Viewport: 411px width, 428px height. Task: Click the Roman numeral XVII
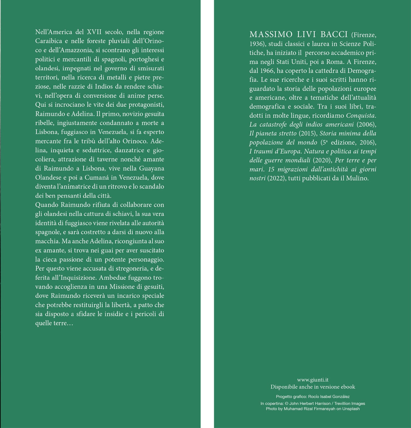tap(94, 32)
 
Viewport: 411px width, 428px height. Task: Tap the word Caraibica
tap(48, 41)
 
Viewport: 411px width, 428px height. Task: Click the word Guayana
tap(152, 168)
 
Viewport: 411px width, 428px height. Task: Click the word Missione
tap(122, 287)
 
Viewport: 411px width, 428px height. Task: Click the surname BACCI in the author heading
tap(334, 35)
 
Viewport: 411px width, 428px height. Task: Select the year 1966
tap(267, 71)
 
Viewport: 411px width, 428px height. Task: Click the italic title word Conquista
tap(361, 115)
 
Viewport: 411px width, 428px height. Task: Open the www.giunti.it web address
tap(313, 380)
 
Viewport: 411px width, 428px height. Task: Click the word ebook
tap(348, 387)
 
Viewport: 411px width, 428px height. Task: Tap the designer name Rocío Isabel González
tap(329, 396)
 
